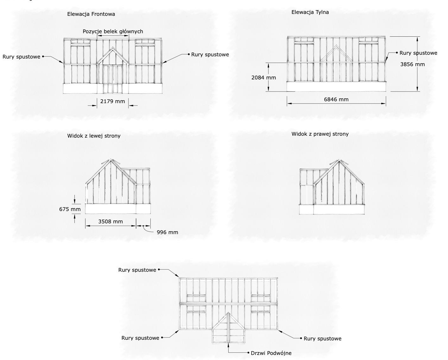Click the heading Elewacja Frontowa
point(91,14)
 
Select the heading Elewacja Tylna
point(310,12)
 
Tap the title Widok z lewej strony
point(94,136)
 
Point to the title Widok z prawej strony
point(320,134)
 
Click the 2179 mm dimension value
point(112,102)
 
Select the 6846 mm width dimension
point(336,99)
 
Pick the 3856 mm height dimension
point(412,64)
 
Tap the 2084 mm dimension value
point(263,78)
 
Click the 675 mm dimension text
point(70,209)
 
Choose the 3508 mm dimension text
point(110,221)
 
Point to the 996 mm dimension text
point(167,232)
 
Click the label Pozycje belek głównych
point(113,31)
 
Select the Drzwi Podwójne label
point(271,353)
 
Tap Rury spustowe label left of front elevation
point(22,57)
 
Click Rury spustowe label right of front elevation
point(210,54)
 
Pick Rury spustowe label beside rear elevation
point(418,53)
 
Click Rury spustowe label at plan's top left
point(137,270)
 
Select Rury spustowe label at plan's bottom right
point(322,338)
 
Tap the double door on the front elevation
point(113,79)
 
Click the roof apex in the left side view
point(110,160)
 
